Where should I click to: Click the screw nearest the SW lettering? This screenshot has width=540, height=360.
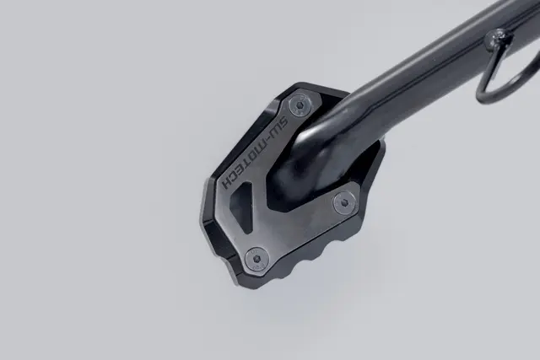298,106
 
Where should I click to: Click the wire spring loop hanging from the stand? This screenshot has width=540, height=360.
498,72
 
